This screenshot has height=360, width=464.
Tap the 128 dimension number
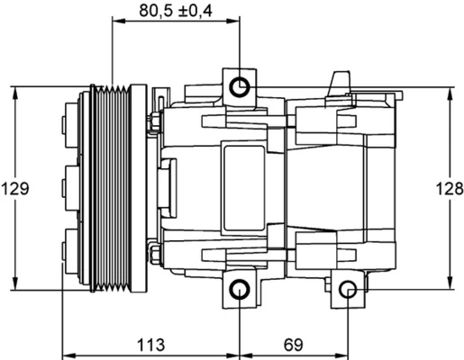[x=450, y=189]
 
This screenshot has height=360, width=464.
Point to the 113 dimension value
[x=151, y=344]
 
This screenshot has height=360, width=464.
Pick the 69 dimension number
[x=295, y=344]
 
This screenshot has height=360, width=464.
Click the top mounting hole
[x=240, y=86]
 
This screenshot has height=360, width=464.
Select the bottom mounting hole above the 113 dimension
[x=240, y=290]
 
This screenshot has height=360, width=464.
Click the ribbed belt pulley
[x=114, y=188]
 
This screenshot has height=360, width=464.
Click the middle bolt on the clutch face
[x=68, y=188]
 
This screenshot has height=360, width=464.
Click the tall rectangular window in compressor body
[x=243, y=188]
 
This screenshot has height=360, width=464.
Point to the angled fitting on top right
[x=339, y=83]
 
